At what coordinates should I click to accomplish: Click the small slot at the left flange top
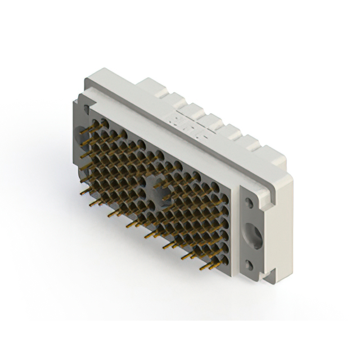84,108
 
